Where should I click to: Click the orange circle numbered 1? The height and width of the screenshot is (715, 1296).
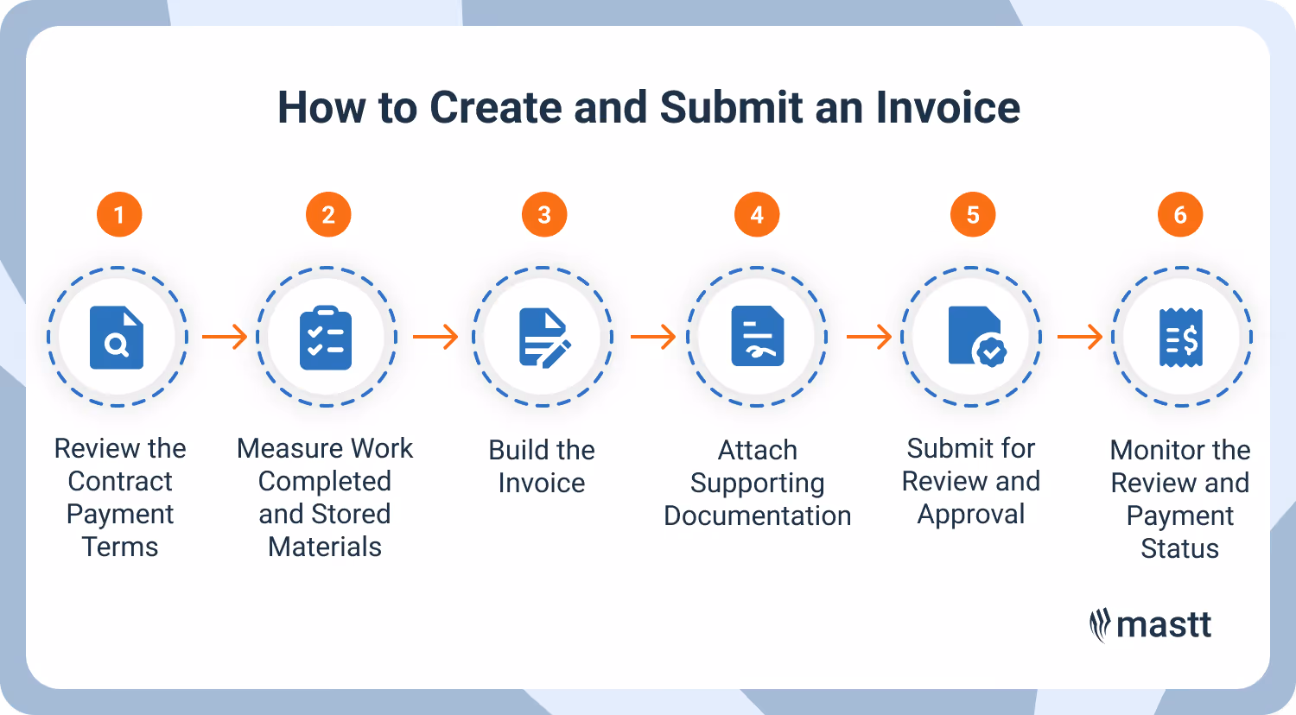pos(119,214)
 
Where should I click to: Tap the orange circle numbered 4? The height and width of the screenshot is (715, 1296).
pos(757,214)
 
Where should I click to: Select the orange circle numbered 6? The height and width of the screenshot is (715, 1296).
pos(1180,214)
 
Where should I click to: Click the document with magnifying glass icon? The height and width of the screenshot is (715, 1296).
pos(117,337)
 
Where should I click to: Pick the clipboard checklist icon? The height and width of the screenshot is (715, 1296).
pos(326,337)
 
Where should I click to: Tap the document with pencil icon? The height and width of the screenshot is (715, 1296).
pos(543,337)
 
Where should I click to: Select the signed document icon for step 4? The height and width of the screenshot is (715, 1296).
pos(757,337)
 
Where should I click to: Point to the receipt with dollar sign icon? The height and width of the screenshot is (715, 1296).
pos(1180,337)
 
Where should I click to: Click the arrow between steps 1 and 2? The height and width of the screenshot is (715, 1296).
pos(225,337)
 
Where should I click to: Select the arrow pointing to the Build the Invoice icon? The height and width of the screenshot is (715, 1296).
pos(435,337)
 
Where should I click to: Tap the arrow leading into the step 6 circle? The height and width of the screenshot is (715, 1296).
pos(1080,337)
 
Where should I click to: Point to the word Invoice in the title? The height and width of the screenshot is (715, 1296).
pos(948,108)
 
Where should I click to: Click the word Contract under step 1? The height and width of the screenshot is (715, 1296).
pos(120,481)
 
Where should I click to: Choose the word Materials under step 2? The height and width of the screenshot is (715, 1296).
pos(325,547)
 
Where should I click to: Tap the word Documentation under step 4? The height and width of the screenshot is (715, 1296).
pos(758,516)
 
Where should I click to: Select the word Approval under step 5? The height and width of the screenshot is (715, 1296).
pos(971,514)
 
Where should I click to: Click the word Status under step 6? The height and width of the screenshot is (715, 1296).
pos(1180,548)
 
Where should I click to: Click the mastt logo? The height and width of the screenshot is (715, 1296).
pos(1151,625)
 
